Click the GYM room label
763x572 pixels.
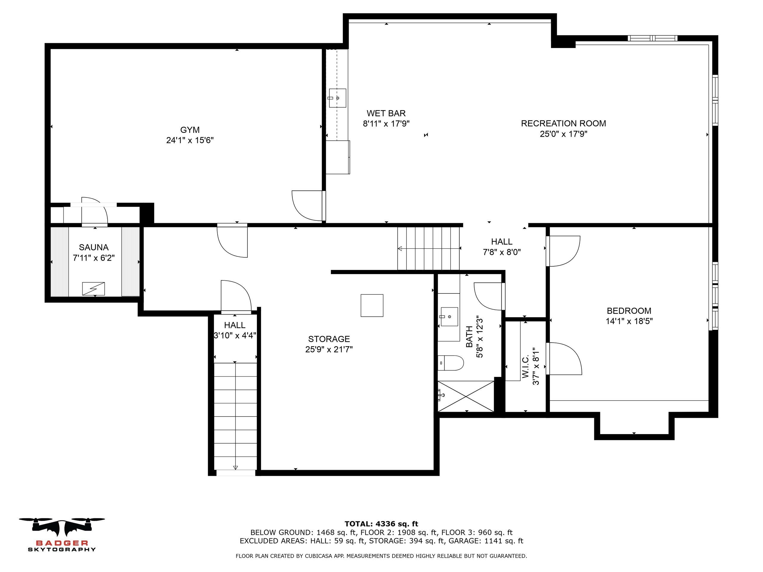pos(190,130)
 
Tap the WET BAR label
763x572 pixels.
pos(386,113)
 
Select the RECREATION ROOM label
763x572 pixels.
pos(563,123)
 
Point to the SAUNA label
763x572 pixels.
pos(94,247)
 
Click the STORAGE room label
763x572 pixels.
pos(329,339)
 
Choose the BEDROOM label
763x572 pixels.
pos(629,311)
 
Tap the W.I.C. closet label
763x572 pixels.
pos(526,368)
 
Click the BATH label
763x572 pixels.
pos(469,337)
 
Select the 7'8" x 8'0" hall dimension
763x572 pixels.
pos(502,252)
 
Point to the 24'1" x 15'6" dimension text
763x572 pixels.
pos(190,140)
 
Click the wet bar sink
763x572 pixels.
pos(337,98)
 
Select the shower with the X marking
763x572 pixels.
pos(466,396)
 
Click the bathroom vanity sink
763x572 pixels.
pos(449,316)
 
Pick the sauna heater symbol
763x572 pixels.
pos(94,289)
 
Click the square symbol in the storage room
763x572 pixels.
pos(372,305)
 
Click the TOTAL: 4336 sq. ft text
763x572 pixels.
pos(381,524)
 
